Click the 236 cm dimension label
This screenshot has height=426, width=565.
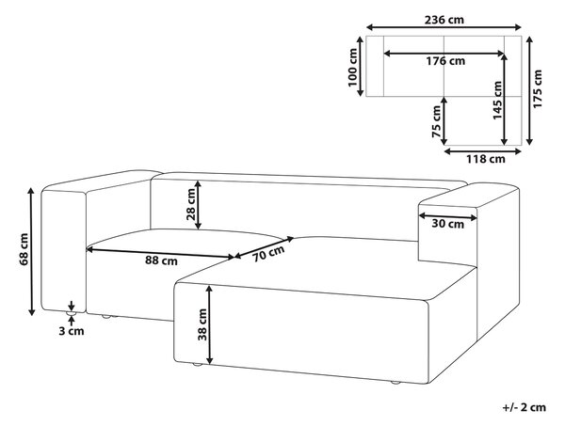(x=444, y=20)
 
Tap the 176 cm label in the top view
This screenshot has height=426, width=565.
(x=445, y=61)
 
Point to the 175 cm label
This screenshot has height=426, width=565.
(x=538, y=88)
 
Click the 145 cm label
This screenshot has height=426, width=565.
(x=497, y=101)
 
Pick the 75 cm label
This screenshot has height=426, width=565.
(x=436, y=121)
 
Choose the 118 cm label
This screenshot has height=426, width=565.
(x=486, y=159)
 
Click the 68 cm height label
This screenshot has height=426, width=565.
(x=24, y=249)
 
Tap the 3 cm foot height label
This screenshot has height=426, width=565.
(x=72, y=331)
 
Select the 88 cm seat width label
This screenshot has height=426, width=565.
(x=161, y=260)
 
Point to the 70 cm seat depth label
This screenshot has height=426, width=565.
(x=268, y=254)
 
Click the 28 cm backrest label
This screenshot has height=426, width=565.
(x=190, y=204)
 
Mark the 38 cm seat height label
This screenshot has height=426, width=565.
(x=202, y=324)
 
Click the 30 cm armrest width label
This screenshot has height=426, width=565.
(x=448, y=224)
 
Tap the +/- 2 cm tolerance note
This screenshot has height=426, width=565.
(x=525, y=407)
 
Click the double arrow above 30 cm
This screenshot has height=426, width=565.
(x=447, y=216)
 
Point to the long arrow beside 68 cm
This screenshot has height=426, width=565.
(x=32, y=251)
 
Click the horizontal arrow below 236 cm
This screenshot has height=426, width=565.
(x=444, y=27)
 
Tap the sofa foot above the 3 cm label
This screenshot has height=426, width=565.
(x=72, y=314)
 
